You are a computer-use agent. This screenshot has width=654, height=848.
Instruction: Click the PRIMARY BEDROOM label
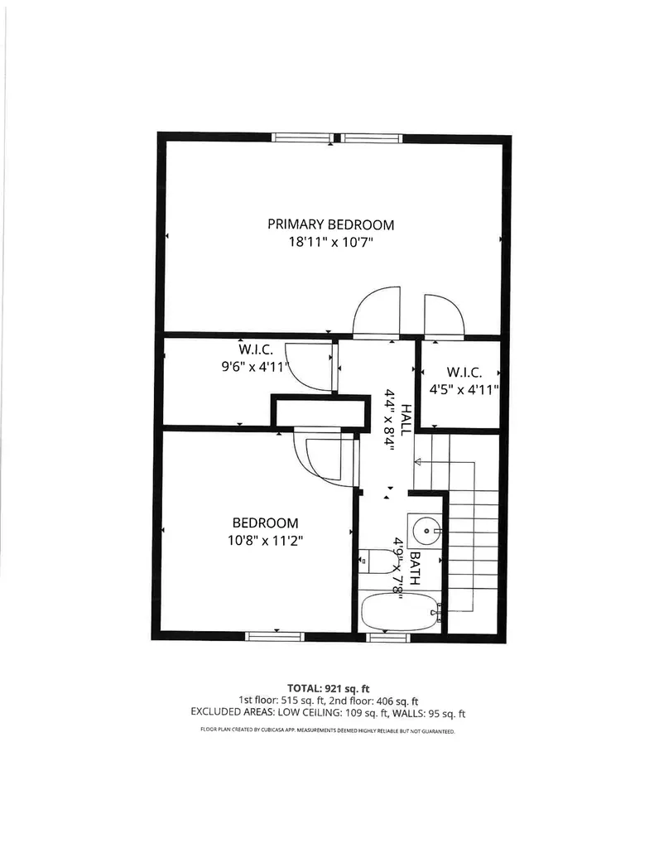tap(330, 224)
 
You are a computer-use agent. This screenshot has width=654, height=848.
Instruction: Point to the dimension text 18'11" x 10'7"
tap(330, 243)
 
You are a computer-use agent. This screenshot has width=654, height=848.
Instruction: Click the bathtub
tap(400, 612)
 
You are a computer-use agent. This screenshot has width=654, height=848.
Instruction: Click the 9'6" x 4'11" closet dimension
tap(251, 367)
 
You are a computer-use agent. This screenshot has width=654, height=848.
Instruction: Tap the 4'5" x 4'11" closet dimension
tap(464, 389)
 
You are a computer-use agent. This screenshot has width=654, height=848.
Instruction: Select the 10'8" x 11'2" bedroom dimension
tap(265, 541)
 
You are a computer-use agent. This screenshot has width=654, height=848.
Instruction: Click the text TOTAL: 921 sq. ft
tap(329, 688)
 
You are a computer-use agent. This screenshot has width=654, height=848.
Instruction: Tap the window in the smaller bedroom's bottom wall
tap(275, 635)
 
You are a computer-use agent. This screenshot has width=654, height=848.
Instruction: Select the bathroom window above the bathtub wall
tap(388, 636)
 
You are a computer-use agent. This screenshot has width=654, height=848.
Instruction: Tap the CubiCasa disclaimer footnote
tap(328, 731)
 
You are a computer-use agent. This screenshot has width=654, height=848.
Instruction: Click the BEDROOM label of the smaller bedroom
tap(265, 523)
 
